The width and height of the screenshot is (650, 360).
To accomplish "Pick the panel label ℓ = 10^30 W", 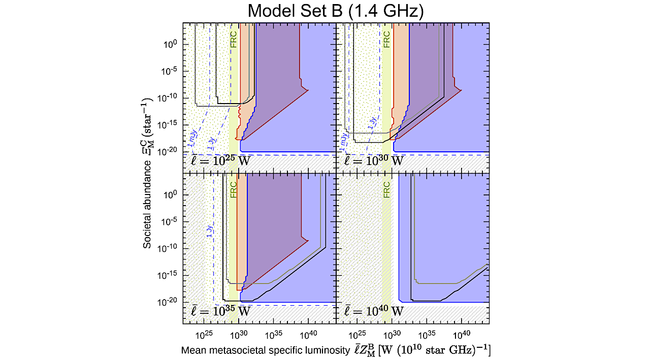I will tap(374, 162).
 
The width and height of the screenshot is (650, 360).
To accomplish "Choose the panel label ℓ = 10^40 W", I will tap(374, 310).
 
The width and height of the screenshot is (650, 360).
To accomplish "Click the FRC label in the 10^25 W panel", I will tap(234, 40).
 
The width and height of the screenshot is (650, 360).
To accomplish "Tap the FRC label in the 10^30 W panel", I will tap(387, 40).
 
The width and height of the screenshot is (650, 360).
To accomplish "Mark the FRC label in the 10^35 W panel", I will tap(234, 189).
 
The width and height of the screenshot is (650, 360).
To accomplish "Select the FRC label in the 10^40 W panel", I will tap(387, 189).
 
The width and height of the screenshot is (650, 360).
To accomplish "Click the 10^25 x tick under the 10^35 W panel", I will tap(204, 335).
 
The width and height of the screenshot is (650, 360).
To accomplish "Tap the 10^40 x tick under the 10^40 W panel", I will tap(461, 335).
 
